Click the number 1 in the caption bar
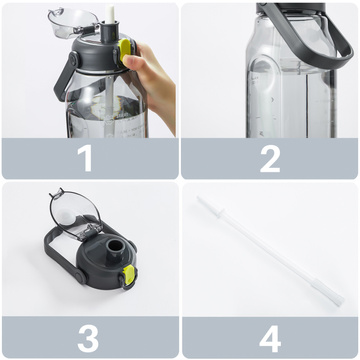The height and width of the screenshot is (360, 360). [x=86, y=158]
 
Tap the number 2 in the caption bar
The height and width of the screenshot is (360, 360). [x=270, y=158]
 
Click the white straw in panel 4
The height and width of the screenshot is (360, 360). [x=269, y=249]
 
